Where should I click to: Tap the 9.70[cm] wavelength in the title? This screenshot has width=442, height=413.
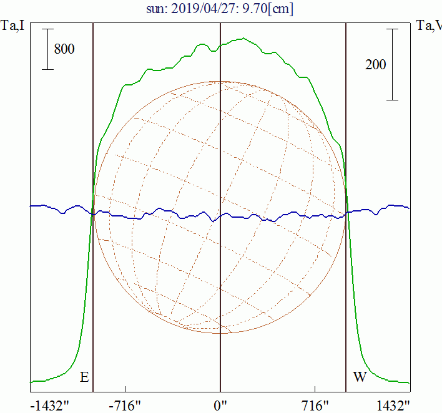click(x=268, y=9)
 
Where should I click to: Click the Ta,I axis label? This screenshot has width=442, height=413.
click(x=12, y=26)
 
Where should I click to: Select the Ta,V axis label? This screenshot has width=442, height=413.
click(x=429, y=26)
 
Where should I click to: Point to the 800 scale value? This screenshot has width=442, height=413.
click(x=64, y=49)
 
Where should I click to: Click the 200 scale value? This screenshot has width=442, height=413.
click(x=375, y=65)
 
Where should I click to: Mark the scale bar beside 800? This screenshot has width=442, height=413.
click(x=47, y=49)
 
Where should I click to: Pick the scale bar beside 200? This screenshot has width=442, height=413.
click(x=392, y=64)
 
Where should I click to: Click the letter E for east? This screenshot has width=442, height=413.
click(x=84, y=377)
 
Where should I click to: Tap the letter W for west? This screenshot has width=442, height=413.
click(x=360, y=377)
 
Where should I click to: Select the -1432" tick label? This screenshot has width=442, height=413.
click(x=49, y=406)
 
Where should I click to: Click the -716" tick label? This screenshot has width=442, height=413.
click(x=125, y=406)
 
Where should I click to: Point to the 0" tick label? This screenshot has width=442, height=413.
click(x=220, y=406)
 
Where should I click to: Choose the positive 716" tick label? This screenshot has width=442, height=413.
click(x=315, y=406)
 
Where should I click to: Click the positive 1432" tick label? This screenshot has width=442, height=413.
click(x=393, y=406)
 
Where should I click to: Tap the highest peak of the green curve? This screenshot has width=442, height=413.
click(x=243, y=38)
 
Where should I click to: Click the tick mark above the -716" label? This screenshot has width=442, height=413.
click(x=125, y=389)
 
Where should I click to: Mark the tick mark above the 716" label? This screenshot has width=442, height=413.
click(x=315, y=389)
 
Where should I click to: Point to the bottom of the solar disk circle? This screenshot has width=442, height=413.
click(x=220, y=334)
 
